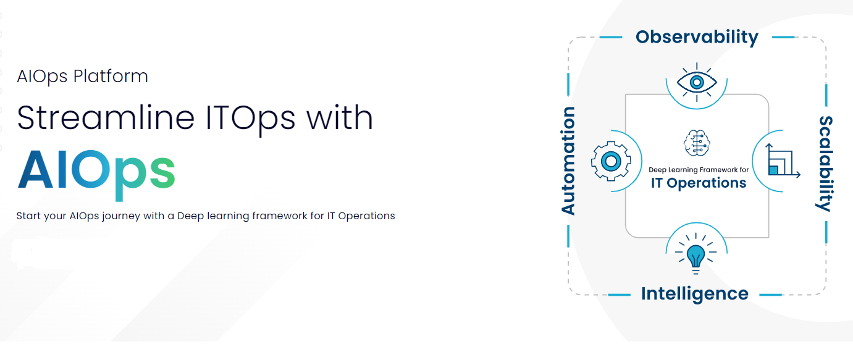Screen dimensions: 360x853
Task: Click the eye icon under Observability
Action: pos(696,82)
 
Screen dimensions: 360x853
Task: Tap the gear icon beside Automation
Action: pos(611,161)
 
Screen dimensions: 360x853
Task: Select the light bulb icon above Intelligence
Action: pos(696,254)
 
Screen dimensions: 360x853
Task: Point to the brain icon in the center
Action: pos(697,143)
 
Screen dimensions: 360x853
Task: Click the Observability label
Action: pos(697,37)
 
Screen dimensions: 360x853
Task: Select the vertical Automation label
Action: pos(568,161)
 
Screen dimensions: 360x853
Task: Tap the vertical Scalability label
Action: pos(825,164)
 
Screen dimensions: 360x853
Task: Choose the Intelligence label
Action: pos(695,293)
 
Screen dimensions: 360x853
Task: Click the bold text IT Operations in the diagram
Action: pos(699,183)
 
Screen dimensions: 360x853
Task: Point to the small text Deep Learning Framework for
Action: pos(699,169)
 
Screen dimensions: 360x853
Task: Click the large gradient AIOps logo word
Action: pos(96,170)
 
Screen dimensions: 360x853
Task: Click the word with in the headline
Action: pos(339,117)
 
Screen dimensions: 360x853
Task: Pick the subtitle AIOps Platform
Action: pos(83,77)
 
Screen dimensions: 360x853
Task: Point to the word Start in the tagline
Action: pos(29,216)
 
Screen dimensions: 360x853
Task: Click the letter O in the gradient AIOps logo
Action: pos(96,170)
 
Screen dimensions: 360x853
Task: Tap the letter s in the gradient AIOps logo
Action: pos(162,174)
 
